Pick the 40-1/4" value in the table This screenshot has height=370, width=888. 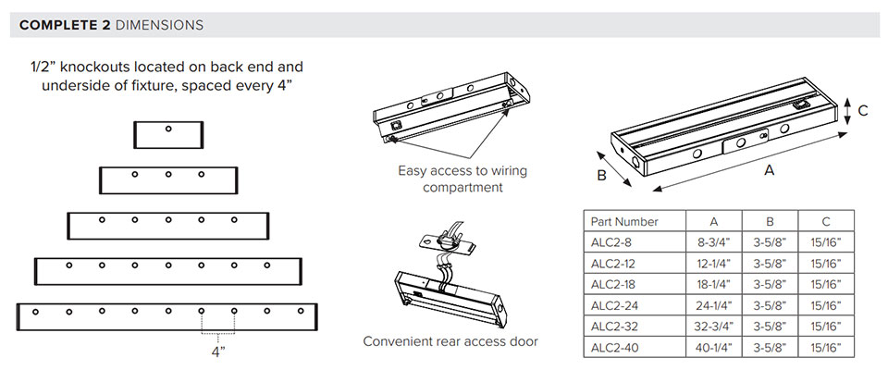(714, 347)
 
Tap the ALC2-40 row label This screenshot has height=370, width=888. (614, 347)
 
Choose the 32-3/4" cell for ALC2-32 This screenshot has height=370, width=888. (714, 326)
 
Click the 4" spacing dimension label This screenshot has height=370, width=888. (218, 351)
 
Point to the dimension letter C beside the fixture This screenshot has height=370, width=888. (862, 111)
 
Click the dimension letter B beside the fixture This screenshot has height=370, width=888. (601, 175)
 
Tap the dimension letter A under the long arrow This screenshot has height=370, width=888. (769, 169)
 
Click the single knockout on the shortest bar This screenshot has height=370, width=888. (168, 129)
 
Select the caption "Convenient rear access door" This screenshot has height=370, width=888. (450, 341)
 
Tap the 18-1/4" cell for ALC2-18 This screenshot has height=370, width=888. (714, 284)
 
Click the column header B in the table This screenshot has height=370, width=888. (770, 221)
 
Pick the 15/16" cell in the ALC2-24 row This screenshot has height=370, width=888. (826, 305)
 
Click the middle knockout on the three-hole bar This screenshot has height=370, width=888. (168, 174)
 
